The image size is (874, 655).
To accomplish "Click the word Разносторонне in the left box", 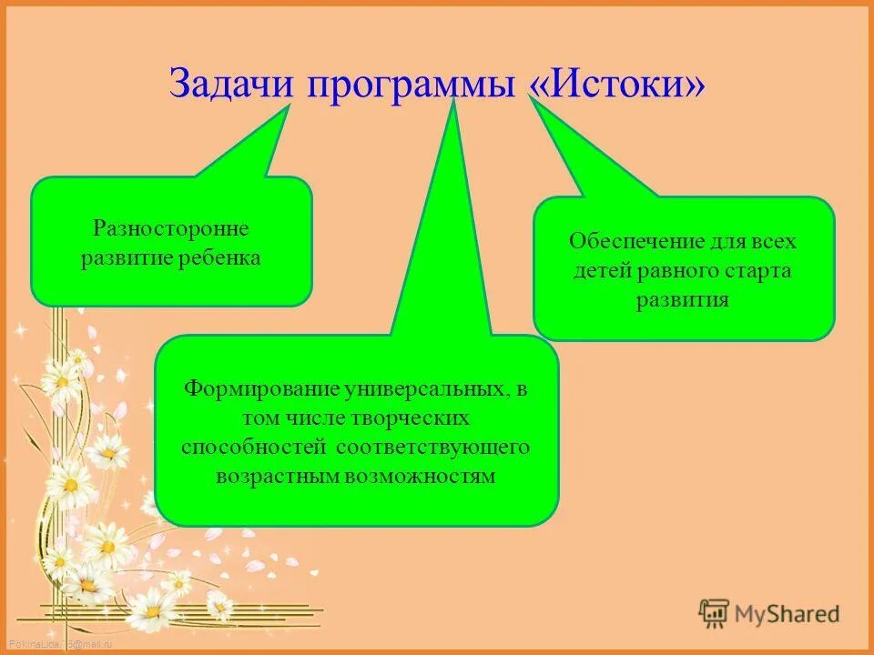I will point(171,227).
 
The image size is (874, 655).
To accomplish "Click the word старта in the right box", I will point(759,270).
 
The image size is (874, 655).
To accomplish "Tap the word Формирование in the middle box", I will point(262,388).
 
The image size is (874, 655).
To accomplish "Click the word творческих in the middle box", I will point(420,418).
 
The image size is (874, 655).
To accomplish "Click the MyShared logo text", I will point(787,614).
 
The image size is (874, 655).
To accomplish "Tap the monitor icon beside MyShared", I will point(715,613).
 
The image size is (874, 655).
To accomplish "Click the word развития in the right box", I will point(683,299).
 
